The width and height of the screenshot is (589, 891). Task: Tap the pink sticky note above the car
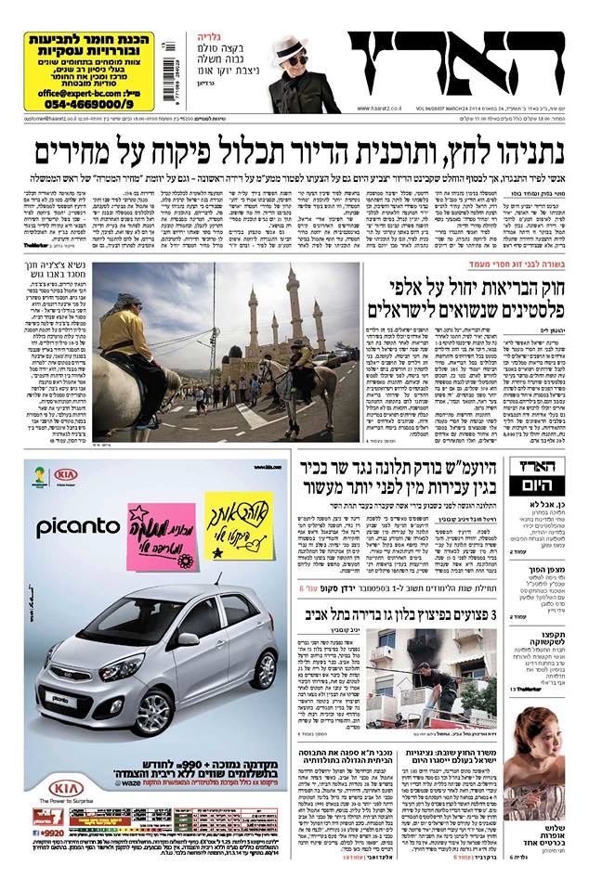point(162,539)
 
